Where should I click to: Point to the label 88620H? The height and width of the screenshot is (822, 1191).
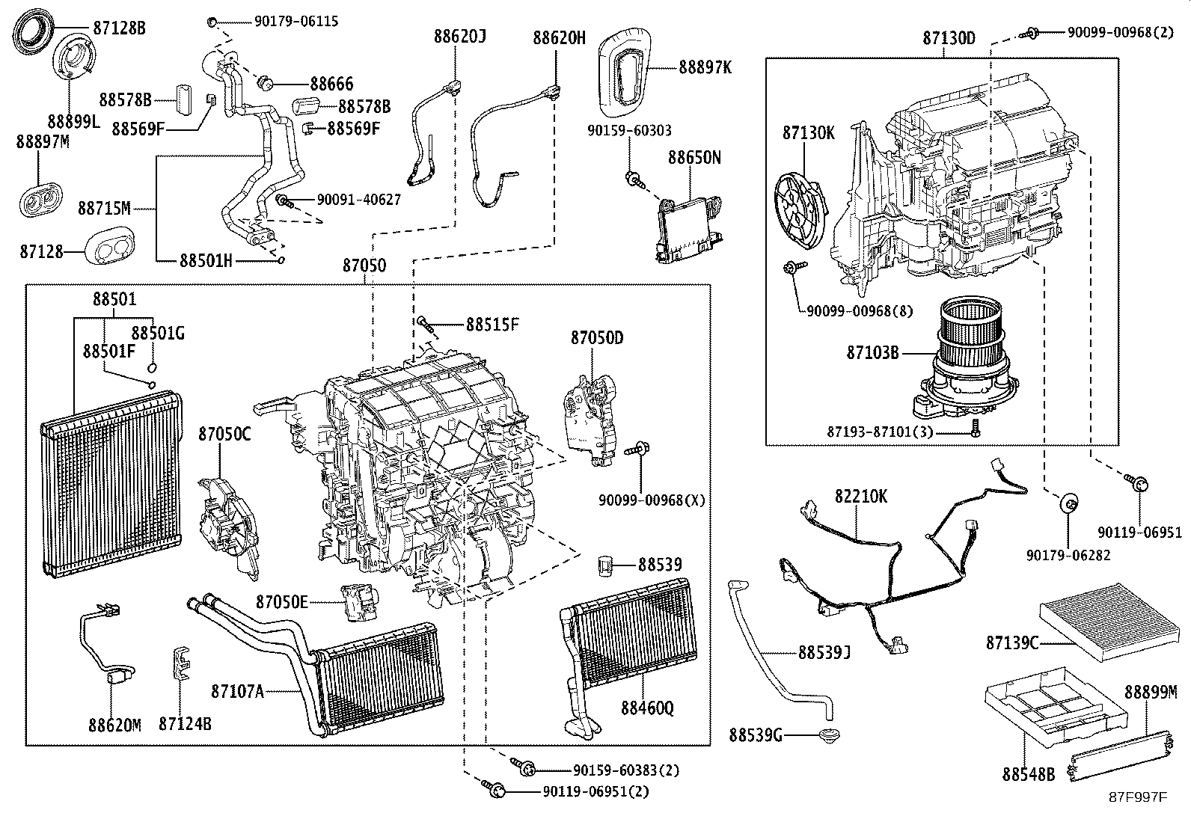click(x=559, y=38)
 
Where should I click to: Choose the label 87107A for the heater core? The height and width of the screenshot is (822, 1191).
click(x=237, y=692)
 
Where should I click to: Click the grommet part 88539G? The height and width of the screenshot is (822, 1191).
click(x=829, y=736)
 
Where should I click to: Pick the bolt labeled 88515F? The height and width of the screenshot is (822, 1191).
click(x=426, y=323)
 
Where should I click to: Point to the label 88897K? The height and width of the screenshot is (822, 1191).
click(x=705, y=67)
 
